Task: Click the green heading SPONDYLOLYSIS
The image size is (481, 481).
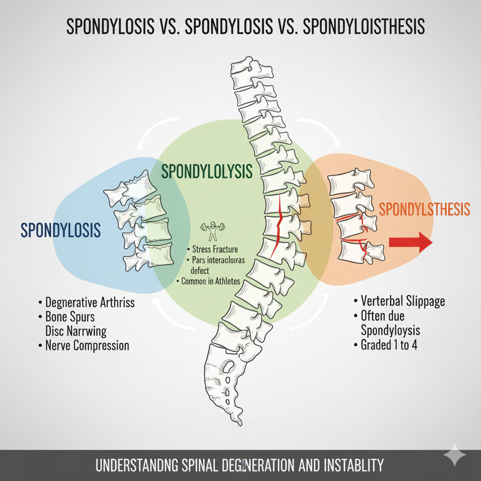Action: pyautogui.click(x=207, y=171)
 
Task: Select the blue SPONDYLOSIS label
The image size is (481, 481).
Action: pyautogui.click(x=61, y=230)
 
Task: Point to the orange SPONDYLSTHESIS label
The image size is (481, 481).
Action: pyautogui.click(x=424, y=209)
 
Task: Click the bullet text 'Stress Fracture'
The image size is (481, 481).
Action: pyautogui.click(x=215, y=249)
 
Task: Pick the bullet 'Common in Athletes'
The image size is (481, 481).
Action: pyautogui.click(x=210, y=281)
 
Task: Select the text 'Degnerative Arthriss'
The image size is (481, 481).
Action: pyautogui.click(x=90, y=302)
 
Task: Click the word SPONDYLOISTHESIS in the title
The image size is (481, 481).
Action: pyautogui.click(x=364, y=27)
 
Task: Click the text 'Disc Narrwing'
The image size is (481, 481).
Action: pyautogui.click(x=76, y=331)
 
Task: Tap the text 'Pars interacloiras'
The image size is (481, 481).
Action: pyautogui.click(x=218, y=260)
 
